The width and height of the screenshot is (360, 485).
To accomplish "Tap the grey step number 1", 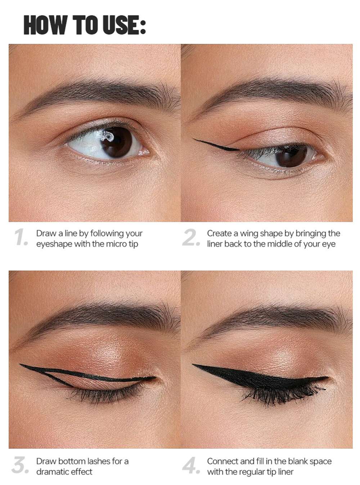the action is tap(21, 237).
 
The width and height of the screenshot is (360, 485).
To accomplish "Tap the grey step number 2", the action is tap(191, 237).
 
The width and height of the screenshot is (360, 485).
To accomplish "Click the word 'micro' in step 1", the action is tap(116, 244).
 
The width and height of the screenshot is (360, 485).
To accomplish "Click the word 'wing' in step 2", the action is tap(249, 234).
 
